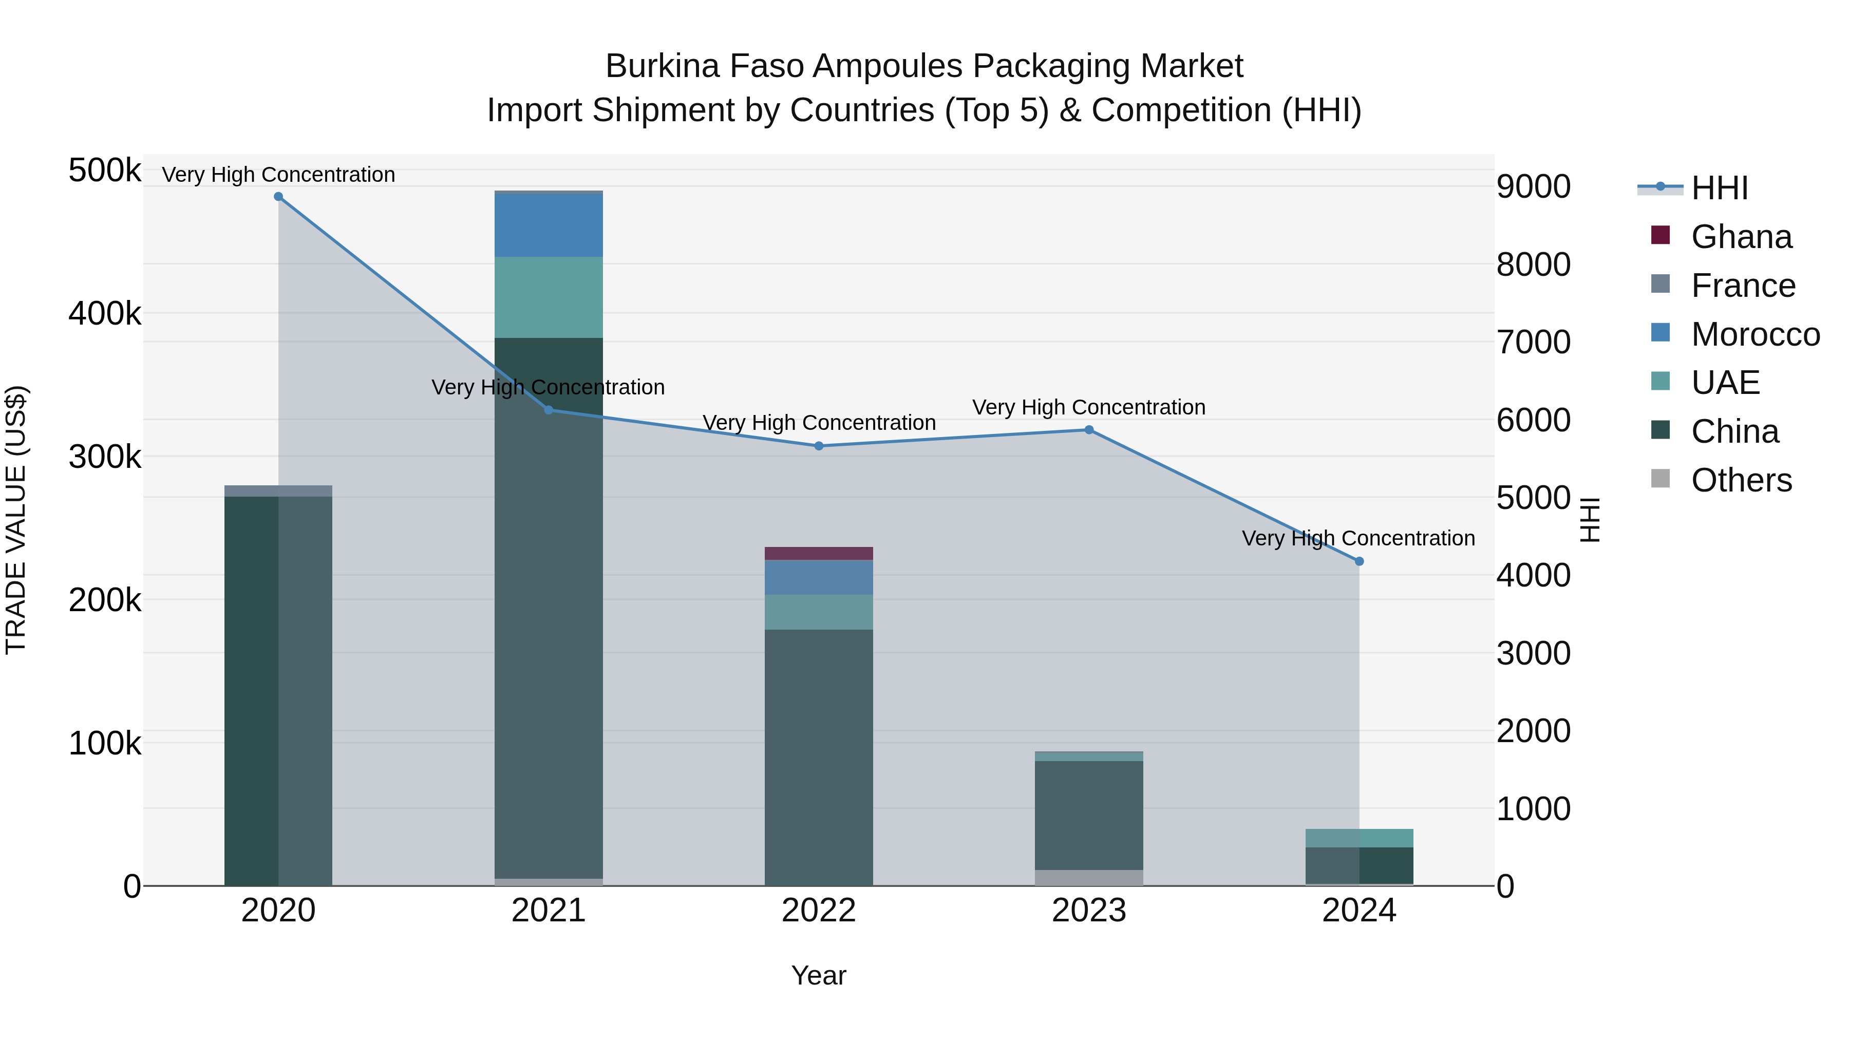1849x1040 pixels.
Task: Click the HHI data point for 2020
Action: click(x=278, y=197)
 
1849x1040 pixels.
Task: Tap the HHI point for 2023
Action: click(x=1089, y=430)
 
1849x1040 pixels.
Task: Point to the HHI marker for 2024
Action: click(x=1359, y=561)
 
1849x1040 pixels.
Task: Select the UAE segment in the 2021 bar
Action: click(x=549, y=297)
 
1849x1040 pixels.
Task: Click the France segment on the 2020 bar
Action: click(x=278, y=491)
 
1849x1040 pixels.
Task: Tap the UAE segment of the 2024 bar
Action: click(x=1359, y=838)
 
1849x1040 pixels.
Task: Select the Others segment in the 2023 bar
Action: click(x=1089, y=877)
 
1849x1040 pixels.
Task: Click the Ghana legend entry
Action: click(x=1741, y=237)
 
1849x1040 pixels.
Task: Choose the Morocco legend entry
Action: click(x=1754, y=334)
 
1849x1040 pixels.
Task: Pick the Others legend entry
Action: click(x=1741, y=480)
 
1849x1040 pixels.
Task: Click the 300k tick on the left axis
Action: click(x=105, y=457)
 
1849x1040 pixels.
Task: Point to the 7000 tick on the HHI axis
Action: click(x=1533, y=343)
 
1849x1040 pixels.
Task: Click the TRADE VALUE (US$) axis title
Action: click(x=16, y=520)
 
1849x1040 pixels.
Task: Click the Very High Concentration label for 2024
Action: click(x=1358, y=538)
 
